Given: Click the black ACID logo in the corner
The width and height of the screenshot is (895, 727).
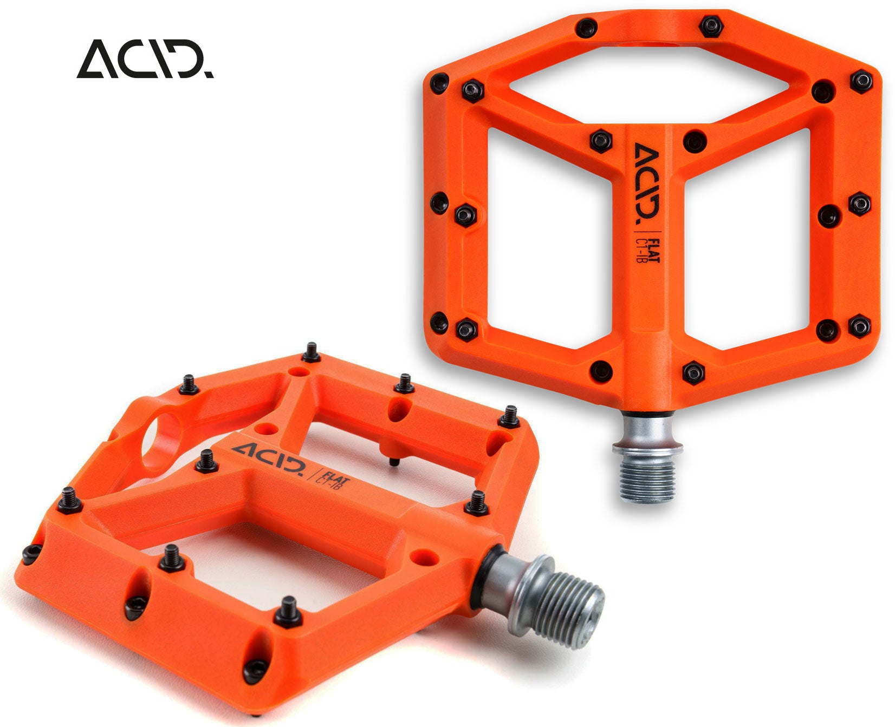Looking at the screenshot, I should coord(145,58).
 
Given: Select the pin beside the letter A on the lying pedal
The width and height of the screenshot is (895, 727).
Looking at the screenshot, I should coord(206,461).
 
